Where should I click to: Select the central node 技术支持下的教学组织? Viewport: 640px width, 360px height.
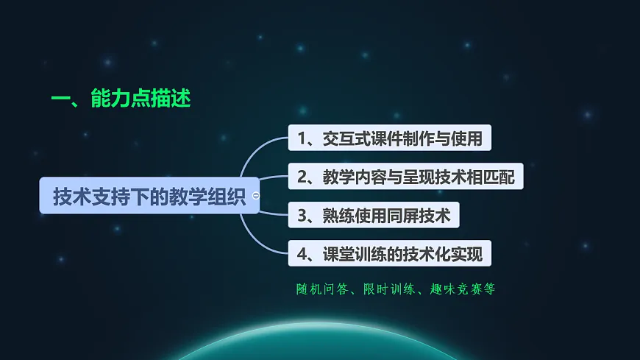(x=149, y=196)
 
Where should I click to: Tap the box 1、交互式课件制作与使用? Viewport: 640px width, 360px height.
(x=388, y=138)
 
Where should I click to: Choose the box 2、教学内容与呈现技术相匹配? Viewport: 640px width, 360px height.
(x=405, y=177)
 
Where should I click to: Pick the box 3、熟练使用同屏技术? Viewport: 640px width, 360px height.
(x=374, y=216)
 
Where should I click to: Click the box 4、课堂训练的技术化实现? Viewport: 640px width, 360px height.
(x=389, y=255)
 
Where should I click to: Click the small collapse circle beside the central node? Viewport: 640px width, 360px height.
(x=255, y=196)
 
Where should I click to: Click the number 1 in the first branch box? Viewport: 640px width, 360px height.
(x=302, y=138)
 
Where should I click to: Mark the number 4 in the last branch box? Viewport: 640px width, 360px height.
(x=302, y=255)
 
